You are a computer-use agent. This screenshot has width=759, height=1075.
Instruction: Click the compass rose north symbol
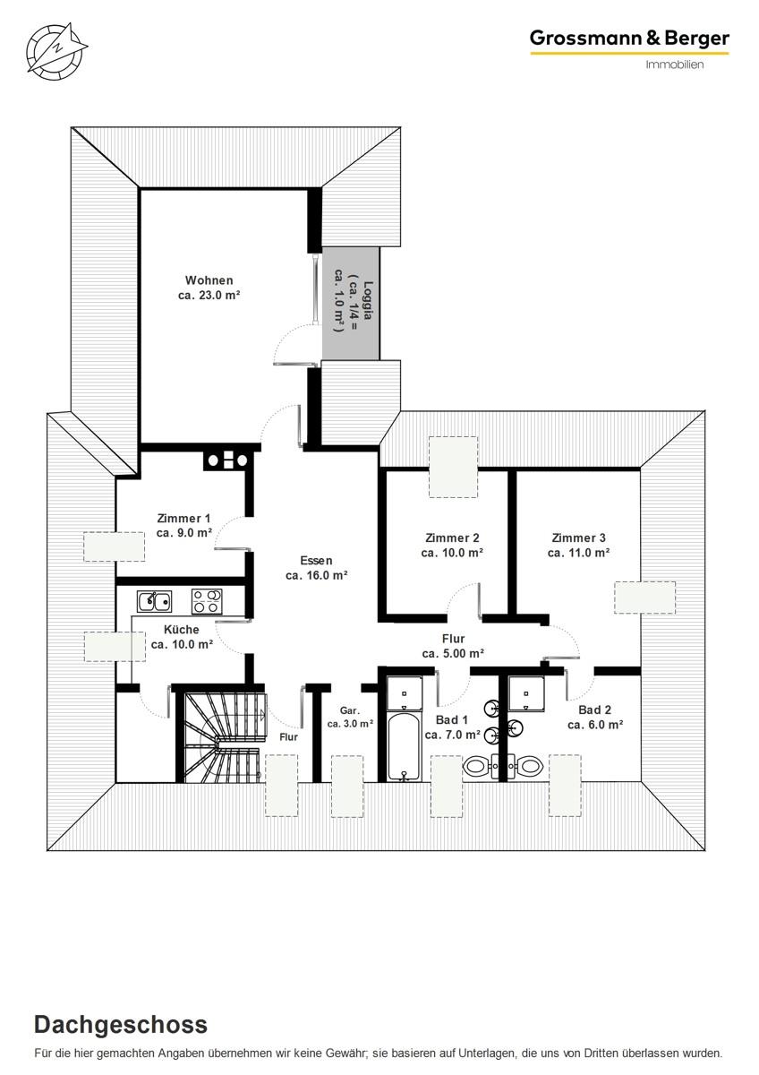(56, 50)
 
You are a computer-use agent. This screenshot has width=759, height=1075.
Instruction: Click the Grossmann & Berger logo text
(629, 39)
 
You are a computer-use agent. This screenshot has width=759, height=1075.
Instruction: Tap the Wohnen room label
(209, 288)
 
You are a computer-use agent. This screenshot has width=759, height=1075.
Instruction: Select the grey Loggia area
(351, 303)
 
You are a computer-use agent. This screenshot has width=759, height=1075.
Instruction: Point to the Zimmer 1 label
(184, 526)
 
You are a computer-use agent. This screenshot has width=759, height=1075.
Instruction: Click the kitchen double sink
(154, 601)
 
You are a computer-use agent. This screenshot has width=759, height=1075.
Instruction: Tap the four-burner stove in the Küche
(207, 601)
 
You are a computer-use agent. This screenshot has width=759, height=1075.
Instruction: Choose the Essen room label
(317, 568)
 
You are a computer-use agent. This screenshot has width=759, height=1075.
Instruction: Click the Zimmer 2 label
(452, 546)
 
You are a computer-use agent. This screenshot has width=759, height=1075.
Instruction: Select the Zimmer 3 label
(579, 546)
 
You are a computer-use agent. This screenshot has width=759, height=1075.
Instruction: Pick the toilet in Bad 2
(524, 766)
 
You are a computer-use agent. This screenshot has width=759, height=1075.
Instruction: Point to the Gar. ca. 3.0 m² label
(350, 717)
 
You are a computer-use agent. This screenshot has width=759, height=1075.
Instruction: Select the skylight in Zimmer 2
(453, 467)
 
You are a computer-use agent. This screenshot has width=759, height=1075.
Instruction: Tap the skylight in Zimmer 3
(645, 598)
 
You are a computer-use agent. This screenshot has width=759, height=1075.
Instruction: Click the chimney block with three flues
(227, 461)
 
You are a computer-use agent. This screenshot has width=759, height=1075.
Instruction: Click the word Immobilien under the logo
(675, 64)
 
